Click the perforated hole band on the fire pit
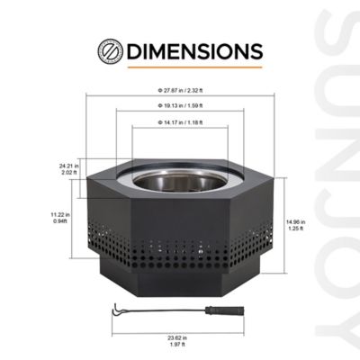coord(179,250)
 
